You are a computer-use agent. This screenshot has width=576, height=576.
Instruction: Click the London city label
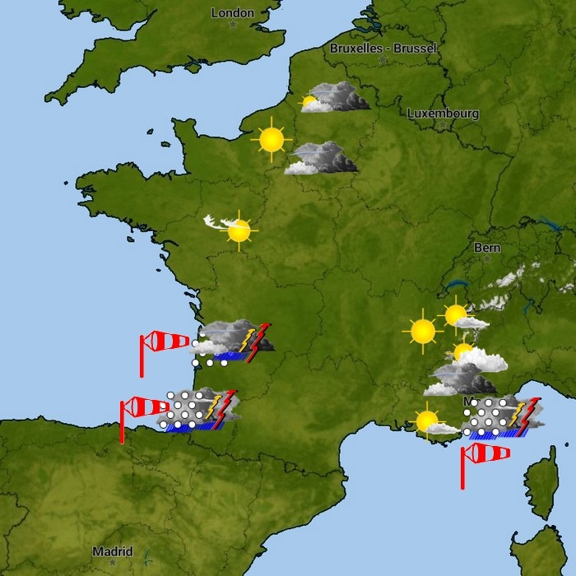tap(233, 13)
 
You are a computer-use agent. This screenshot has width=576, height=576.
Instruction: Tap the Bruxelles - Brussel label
tap(383, 49)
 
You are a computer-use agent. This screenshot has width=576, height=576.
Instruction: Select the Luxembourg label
tap(443, 114)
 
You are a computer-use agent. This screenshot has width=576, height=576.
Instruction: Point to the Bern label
tap(487, 248)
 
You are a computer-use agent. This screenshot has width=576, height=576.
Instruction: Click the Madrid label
tap(112, 551)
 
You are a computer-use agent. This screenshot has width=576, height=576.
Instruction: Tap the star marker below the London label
tap(233, 25)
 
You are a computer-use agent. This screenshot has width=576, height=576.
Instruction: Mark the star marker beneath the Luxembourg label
tap(442, 125)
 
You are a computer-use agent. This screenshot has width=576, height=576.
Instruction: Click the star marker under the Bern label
tap(486, 259)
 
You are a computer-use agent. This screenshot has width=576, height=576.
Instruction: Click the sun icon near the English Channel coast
tap(271, 140)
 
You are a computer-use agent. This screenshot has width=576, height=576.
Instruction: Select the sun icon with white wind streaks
tap(238, 230)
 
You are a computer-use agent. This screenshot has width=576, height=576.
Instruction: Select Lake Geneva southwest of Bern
tap(453, 286)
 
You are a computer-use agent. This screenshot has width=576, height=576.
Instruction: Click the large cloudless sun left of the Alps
tap(423, 331)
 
